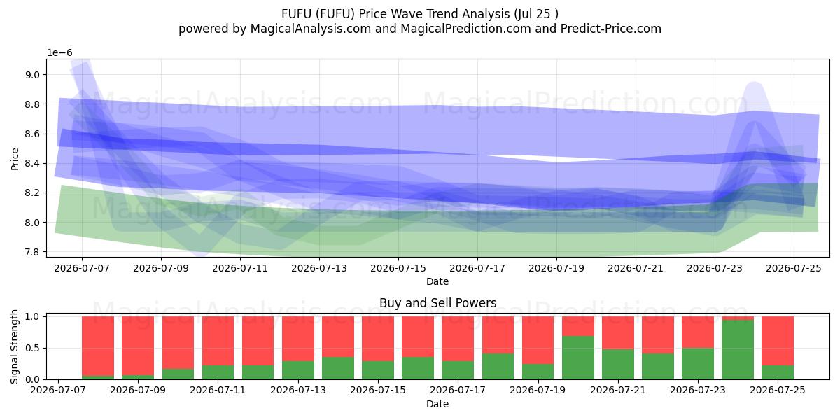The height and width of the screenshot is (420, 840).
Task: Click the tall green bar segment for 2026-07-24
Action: pos(738,349)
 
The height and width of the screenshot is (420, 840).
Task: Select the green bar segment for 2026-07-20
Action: pos(578,358)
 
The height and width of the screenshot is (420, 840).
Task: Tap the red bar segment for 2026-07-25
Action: pos(778,341)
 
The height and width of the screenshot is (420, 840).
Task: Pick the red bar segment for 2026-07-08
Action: pos(98,346)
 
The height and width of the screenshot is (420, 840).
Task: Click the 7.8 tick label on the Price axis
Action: pos(32,252)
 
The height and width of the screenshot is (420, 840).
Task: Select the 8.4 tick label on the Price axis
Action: pos(32,164)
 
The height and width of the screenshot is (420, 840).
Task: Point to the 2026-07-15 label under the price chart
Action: pos(398,269)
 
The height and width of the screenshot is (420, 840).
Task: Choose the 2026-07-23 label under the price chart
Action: pos(715,269)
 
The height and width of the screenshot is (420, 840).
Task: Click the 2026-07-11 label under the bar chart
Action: pos(218,390)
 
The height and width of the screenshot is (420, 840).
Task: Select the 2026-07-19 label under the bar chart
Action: pos(538,390)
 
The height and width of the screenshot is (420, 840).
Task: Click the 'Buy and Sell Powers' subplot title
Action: pos(438,303)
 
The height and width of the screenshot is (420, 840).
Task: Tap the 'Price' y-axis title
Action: pos(15,159)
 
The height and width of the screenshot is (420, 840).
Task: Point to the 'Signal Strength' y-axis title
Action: pos(14,346)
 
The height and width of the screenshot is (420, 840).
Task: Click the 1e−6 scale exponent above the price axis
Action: pos(59,53)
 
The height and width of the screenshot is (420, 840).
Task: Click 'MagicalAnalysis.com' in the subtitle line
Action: pos(311,29)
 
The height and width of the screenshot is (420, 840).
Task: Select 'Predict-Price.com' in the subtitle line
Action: pos(611,29)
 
